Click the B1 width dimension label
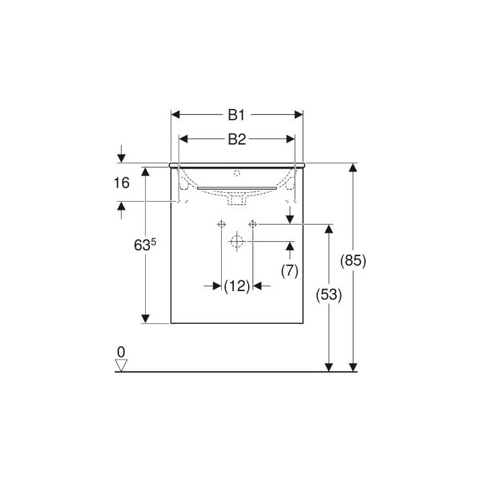click(x=237, y=115)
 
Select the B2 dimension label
click(x=237, y=140)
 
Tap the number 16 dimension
click(x=122, y=183)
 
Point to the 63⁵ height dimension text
click(x=145, y=245)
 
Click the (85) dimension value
click(x=353, y=261)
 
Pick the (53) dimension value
click(x=329, y=295)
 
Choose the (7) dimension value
click(x=290, y=271)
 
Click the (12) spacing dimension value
click(x=237, y=286)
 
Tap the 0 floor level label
click(x=121, y=352)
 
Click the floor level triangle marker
click(x=121, y=366)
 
